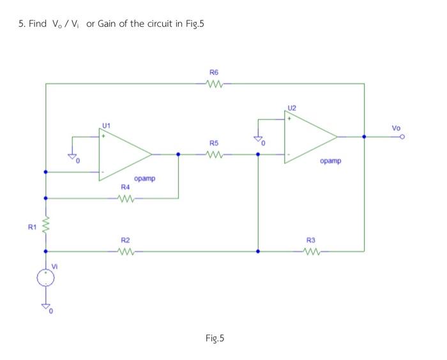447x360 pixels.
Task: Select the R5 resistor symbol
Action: pyautogui.click(x=214, y=154)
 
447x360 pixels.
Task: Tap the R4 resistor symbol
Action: pyautogui.click(x=126, y=198)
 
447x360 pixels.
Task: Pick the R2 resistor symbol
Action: pyautogui.click(x=126, y=251)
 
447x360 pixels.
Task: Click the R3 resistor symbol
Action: pyautogui.click(x=311, y=251)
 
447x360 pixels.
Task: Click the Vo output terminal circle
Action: pyautogui.click(x=403, y=137)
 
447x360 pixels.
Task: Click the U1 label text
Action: pyautogui.click(x=106, y=125)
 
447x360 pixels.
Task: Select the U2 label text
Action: pyautogui.click(x=292, y=107)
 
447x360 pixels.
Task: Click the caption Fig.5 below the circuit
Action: pyautogui.click(x=215, y=338)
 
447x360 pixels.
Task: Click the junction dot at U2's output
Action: pyautogui.click(x=364, y=136)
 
